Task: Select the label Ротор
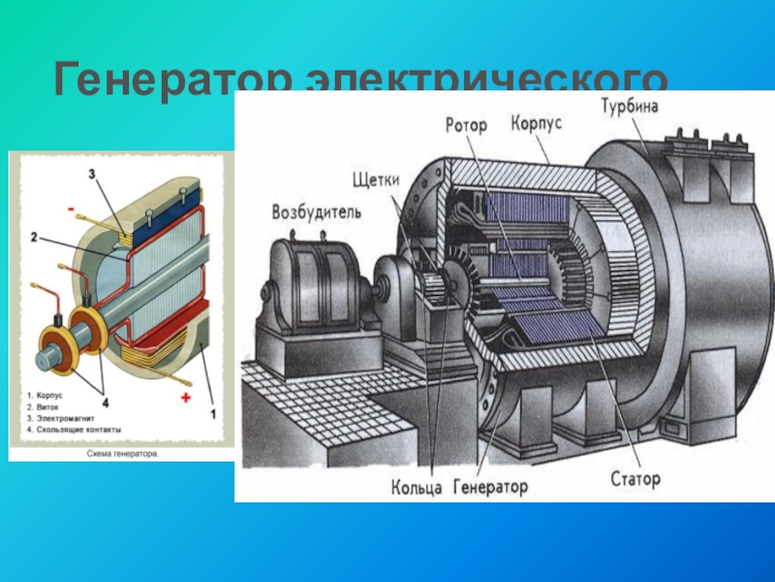(x=465, y=125)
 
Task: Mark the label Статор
(x=635, y=478)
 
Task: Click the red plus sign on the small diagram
(x=184, y=399)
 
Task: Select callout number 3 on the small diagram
(x=91, y=176)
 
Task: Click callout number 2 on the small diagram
(x=32, y=237)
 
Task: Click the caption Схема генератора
(x=120, y=453)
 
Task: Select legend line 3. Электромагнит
(x=60, y=417)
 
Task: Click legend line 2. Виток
(x=46, y=406)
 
